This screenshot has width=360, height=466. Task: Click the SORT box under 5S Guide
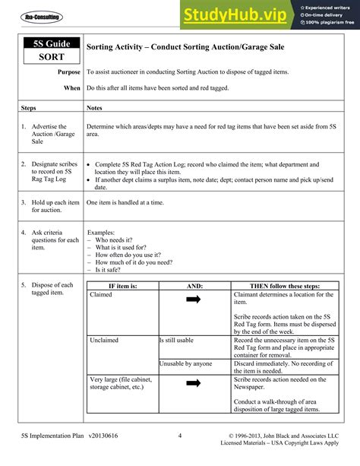[49, 57]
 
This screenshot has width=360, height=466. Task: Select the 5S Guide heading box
[49, 46]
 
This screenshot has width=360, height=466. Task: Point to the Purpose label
[69, 72]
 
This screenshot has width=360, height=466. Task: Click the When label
[72, 88]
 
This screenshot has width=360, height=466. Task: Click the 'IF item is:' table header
[122, 285]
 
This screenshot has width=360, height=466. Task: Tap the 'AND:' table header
[194, 285]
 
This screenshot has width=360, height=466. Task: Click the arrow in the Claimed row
[193, 300]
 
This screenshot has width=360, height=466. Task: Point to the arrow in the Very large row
[193, 383]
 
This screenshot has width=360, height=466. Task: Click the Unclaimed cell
[104, 340]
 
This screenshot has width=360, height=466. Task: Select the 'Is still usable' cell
[176, 340]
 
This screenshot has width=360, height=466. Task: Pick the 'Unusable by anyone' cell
[186, 363]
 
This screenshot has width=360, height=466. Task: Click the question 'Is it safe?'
[109, 270]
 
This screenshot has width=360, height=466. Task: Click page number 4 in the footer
[180, 436]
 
